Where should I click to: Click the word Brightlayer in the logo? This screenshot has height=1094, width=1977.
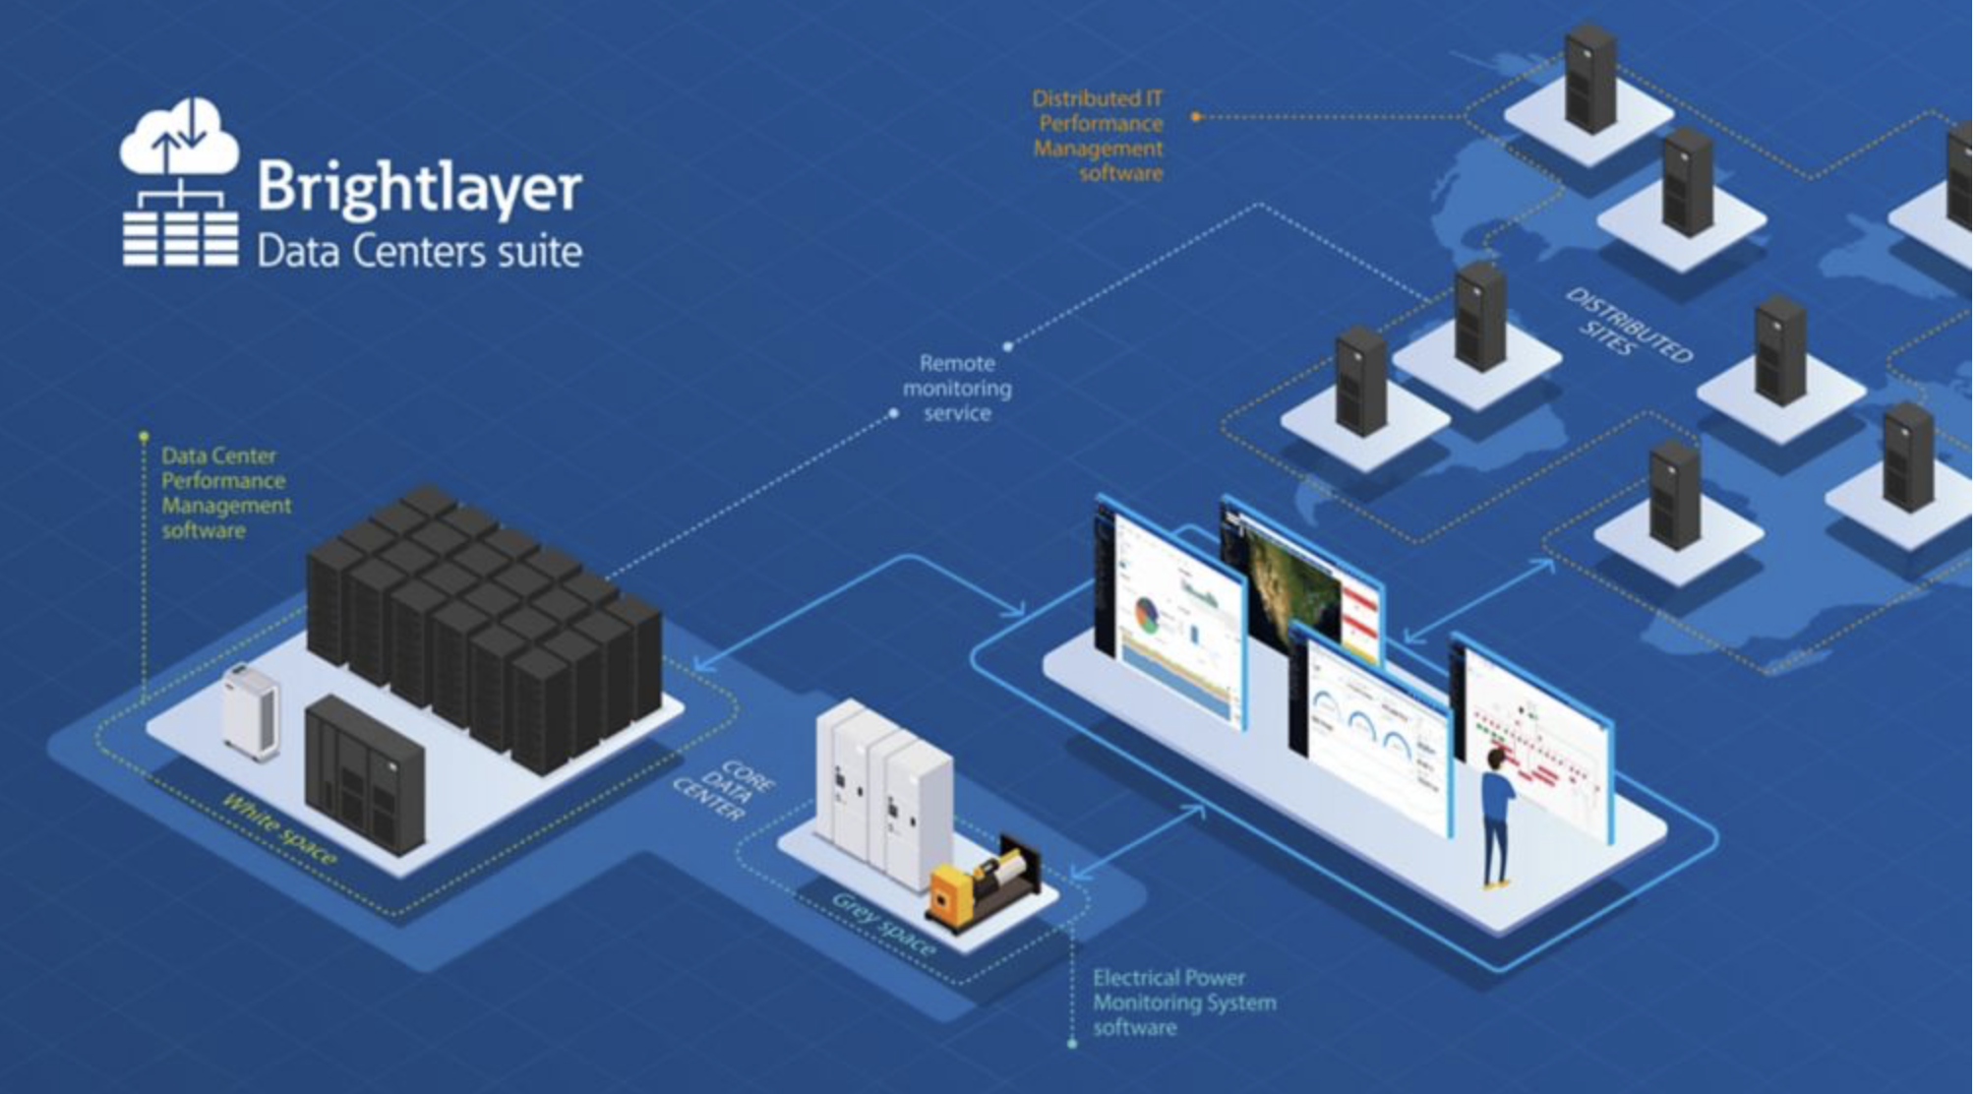tap(419, 187)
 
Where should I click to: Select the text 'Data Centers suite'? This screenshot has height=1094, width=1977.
tap(419, 252)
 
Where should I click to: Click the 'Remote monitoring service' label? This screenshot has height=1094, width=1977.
tap(957, 389)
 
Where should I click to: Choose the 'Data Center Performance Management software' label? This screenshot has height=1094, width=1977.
tap(225, 493)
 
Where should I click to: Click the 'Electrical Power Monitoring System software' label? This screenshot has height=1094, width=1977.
tap(1183, 1003)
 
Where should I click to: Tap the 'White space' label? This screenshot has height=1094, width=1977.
tap(279, 830)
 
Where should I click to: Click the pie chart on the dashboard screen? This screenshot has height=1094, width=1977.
tap(1147, 614)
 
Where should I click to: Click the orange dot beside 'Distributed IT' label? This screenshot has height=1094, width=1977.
tap(1196, 117)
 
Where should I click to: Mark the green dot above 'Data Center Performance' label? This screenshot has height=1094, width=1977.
tap(144, 436)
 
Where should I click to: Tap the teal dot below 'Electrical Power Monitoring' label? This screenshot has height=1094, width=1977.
tap(1072, 1044)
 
